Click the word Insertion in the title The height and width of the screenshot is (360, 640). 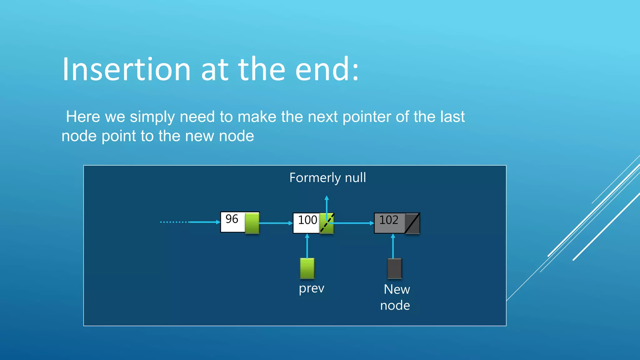(126, 69)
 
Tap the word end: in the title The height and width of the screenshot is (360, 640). (327, 69)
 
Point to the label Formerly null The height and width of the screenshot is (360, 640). (327, 177)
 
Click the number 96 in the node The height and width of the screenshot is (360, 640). (232, 219)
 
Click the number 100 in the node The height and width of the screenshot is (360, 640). (307, 220)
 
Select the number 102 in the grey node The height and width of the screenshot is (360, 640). (389, 220)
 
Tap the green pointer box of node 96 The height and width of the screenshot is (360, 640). (252, 223)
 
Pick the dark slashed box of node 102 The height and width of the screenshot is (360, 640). (412, 223)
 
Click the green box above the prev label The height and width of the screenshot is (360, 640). (307, 268)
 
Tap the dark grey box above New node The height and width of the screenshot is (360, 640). (394, 268)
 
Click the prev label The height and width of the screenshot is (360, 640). (311, 288)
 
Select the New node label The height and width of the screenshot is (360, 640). (395, 297)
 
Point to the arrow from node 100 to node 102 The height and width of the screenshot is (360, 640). (353, 223)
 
